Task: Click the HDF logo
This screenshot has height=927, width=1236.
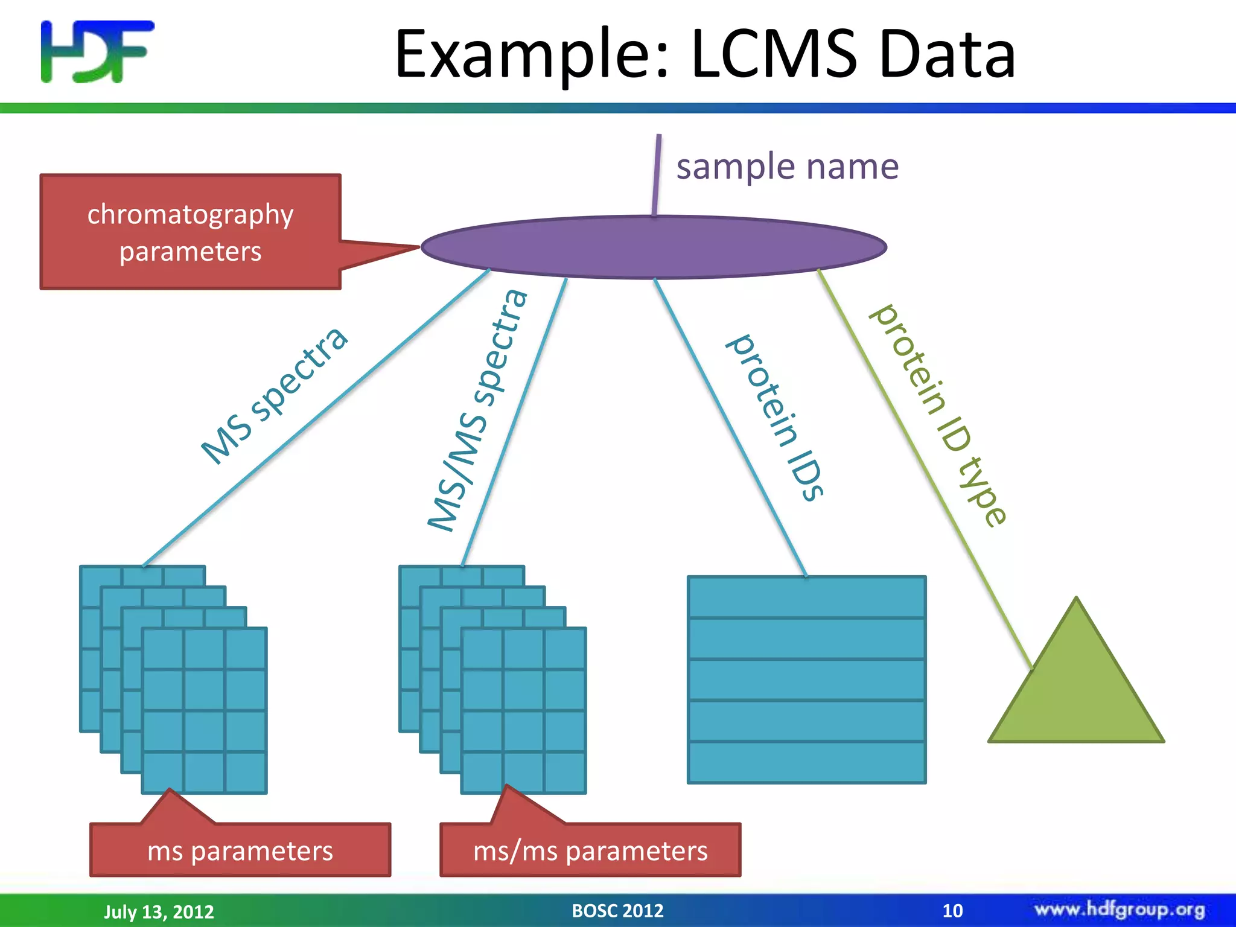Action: tap(97, 51)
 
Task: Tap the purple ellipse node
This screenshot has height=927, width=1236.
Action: tap(654, 247)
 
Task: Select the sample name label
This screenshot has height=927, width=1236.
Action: tap(787, 167)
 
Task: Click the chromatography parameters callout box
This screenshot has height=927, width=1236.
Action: tap(190, 232)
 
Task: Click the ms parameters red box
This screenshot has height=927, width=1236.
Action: tap(240, 850)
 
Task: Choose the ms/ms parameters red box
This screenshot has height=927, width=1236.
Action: tap(590, 850)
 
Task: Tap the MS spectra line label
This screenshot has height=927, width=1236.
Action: tap(275, 395)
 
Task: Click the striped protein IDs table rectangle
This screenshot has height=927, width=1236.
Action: tap(806, 680)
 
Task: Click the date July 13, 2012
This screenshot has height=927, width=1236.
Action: tap(159, 911)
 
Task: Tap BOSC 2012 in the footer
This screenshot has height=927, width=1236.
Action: tap(617, 910)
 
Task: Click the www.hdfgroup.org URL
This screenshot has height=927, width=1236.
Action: tap(1120, 909)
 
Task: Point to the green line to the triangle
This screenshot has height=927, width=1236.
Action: tap(923, 468)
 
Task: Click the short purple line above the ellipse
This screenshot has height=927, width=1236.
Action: tap(657, 175)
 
